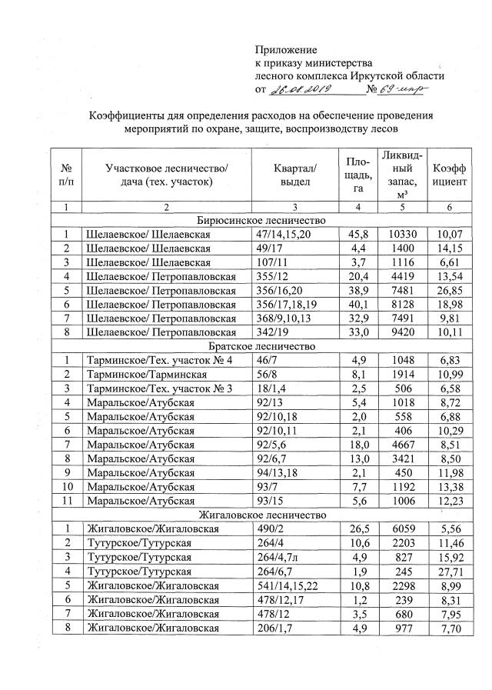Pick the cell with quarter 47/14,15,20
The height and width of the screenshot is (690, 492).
(284, 234)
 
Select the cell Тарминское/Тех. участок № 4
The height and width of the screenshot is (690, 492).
(159, 360)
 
